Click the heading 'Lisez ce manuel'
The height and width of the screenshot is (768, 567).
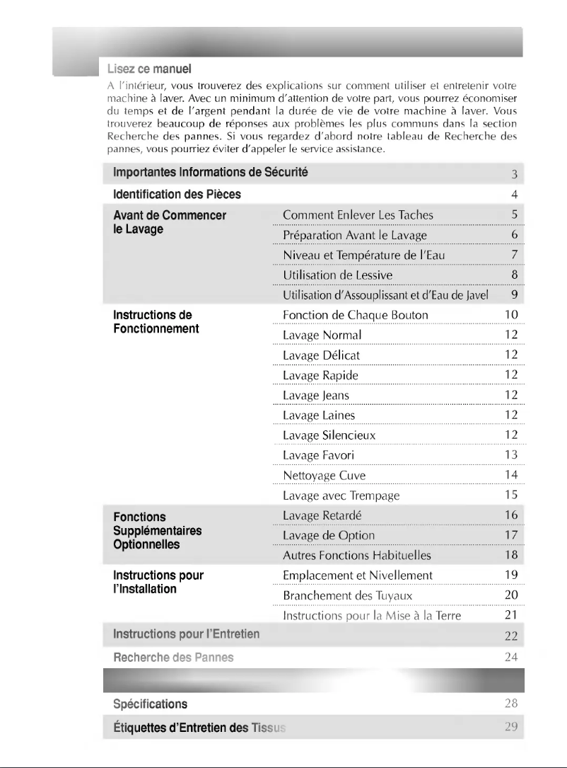[x=149, y=69]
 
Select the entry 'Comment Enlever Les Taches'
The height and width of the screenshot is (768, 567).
[x=358, y=214]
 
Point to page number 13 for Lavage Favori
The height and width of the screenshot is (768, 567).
[x=512, y=454]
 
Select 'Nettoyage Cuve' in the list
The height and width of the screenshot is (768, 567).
[x=324, y=475]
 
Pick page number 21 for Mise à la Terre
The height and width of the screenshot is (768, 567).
[x=512, y=616]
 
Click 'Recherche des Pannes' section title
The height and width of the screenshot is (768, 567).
[x=173, y=658]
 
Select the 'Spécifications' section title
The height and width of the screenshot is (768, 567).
[x=151, y=704]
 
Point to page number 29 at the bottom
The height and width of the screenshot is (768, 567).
[x=512, y=727]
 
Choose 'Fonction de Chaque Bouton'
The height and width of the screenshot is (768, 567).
[x=355, y=315]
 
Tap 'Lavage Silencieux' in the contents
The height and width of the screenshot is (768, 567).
[x=329, y=435]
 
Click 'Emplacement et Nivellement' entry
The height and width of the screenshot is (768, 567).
[x=357, y=575]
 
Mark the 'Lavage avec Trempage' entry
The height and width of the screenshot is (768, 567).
[x=341, y=495]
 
